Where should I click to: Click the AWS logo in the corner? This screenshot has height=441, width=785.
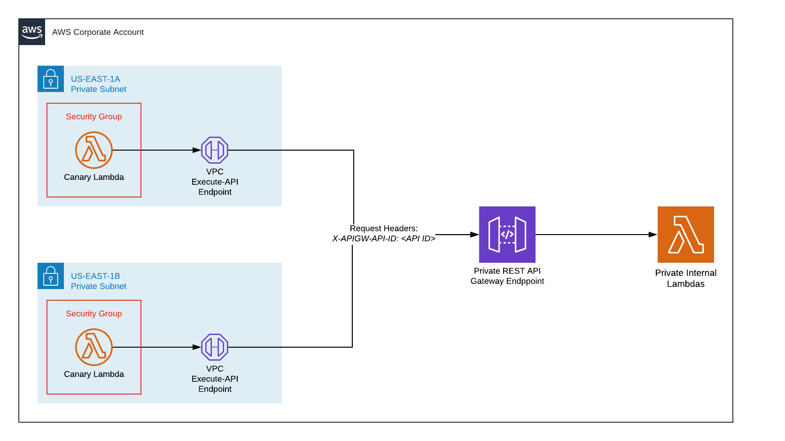(x=32, y=32)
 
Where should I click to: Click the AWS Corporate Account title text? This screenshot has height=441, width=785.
(x=98, y=32)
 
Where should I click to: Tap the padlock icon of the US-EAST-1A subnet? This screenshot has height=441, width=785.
(x=51, y=79)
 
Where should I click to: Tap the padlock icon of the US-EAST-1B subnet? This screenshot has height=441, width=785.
(x=51, y=276)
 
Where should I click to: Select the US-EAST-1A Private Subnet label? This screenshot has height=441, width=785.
(x=98, y=84)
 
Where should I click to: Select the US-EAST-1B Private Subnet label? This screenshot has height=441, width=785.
(x=98, y=281)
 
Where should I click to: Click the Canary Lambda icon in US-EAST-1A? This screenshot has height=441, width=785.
(x=94, y=150)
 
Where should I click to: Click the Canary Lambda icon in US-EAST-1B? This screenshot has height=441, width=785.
(x=94, y=347)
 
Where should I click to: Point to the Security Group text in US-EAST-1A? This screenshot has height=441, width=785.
(x=93, y=116)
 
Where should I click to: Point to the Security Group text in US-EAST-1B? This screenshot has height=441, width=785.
(x=93, y=313)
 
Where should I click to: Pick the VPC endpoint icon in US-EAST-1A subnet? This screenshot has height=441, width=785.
(x=215, y=150)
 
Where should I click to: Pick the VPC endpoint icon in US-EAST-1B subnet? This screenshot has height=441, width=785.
(x=215, y=347)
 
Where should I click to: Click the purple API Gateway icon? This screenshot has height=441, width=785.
(x=507, y=235)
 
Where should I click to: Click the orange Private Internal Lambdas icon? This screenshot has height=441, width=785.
(x=685, y=235)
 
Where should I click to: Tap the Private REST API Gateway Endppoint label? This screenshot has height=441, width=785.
(x=507, y=276)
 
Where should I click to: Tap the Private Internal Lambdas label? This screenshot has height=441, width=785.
(x=685, y=278)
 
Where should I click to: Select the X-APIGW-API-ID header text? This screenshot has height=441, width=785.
(x=383, y=239)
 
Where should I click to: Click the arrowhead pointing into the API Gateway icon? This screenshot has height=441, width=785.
(x=474, y=235)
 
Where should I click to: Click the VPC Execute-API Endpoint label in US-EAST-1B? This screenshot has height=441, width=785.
(x=215, y=379)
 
